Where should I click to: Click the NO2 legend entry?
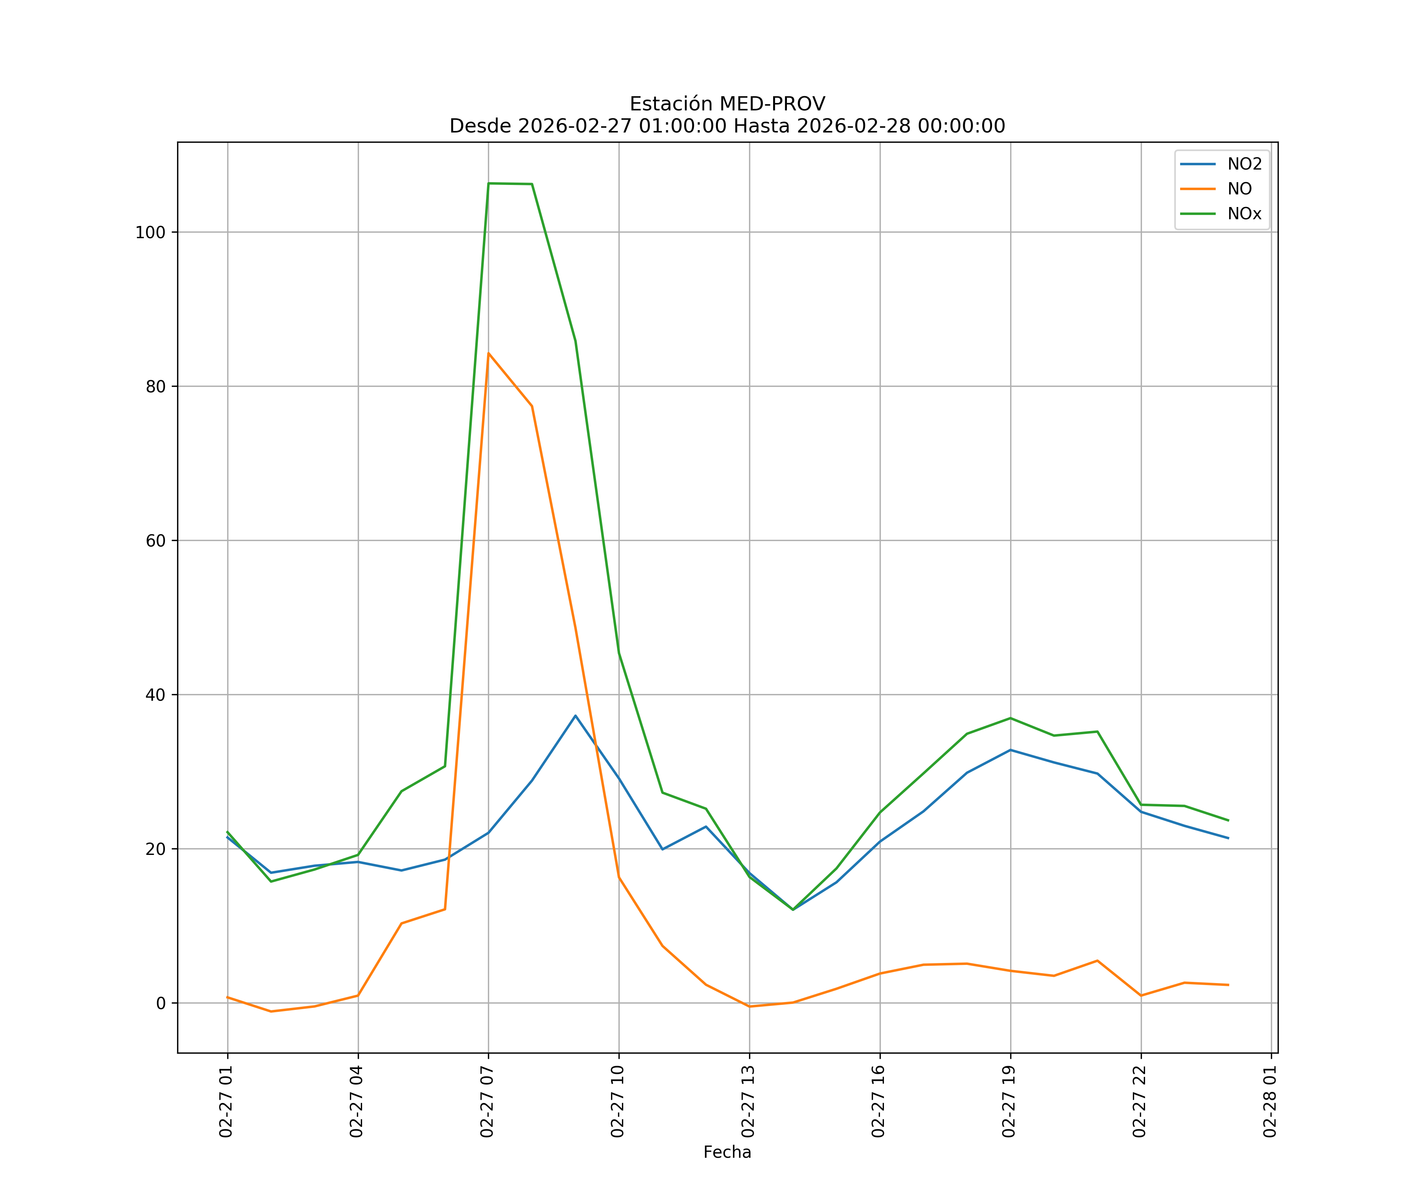coord(1244,164)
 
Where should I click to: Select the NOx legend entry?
coord(1244,214)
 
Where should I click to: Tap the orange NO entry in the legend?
coord(1239,189)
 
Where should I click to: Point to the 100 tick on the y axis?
coord(150,233)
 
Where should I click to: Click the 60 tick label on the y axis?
coord(155,541)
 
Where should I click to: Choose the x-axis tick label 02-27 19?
coord(1009,1101)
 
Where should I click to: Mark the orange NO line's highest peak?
coord(488,354)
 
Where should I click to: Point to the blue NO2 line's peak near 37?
coord(575,715)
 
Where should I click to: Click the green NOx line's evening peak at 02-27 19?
coord(1010,718)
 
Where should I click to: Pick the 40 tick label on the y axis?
coord(155,695)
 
